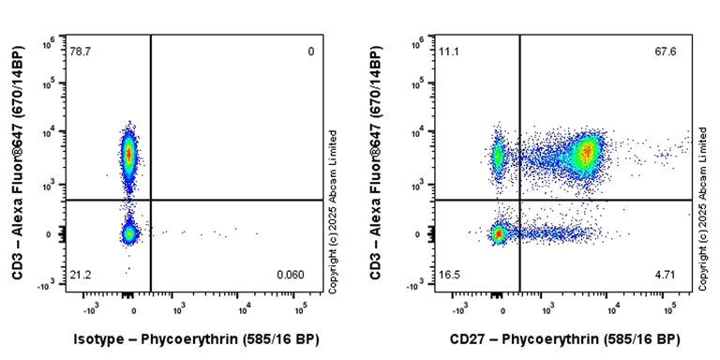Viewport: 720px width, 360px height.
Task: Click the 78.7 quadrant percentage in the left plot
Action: pos(80,52)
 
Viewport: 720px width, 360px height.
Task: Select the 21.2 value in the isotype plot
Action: pos(80,274)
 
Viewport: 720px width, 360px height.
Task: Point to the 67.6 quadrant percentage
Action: pos(667,52)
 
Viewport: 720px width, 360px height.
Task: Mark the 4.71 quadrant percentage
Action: pos(667,274)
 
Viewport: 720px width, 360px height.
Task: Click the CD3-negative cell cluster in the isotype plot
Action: pos(129,233)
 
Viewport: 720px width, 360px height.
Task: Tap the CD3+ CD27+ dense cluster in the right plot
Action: pos(587,152)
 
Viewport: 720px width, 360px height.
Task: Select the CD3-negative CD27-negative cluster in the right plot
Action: pos(499,233)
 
